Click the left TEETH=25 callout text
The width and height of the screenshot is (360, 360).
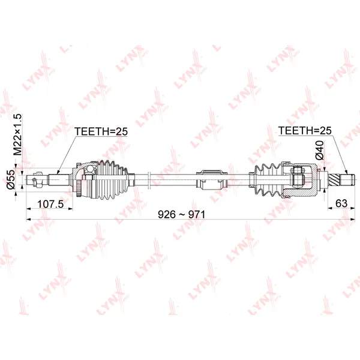(x=101, y=131)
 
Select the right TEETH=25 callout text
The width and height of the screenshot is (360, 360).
(x=305, y=130)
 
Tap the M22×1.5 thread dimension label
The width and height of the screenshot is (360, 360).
(x=17, y=134)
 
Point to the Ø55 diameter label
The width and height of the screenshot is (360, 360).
(x=11, y=180)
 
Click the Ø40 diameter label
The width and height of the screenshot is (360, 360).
(x=320, y=151)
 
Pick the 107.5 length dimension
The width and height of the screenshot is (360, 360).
(x=50, y=204)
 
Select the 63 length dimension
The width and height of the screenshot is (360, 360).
(x=341, y=203)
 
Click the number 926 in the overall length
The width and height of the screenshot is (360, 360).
(x=167, y=215)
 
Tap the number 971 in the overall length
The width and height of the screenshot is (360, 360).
(x=197, y=215)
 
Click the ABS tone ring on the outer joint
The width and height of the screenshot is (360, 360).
(x=79, y=188)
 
